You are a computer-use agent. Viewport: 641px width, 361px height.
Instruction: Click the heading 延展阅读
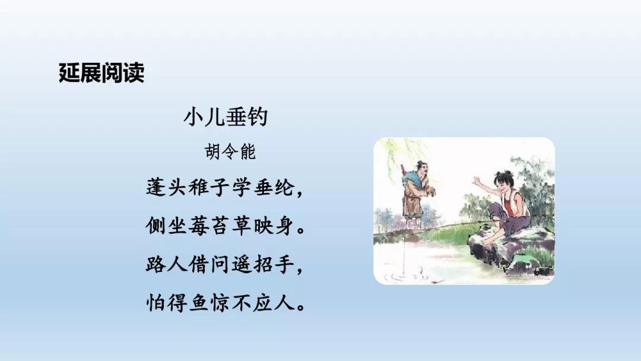(102, 73)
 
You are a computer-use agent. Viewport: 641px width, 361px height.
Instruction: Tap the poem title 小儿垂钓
(226, 116)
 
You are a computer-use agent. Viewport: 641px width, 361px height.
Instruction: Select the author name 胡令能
(230, 151)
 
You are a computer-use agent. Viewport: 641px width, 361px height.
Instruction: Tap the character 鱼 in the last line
(199, 303)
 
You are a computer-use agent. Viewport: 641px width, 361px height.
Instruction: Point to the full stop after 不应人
(302, 309)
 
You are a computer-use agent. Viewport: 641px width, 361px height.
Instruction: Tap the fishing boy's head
(503, 181)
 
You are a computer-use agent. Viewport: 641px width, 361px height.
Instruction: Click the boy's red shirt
(512, 204)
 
